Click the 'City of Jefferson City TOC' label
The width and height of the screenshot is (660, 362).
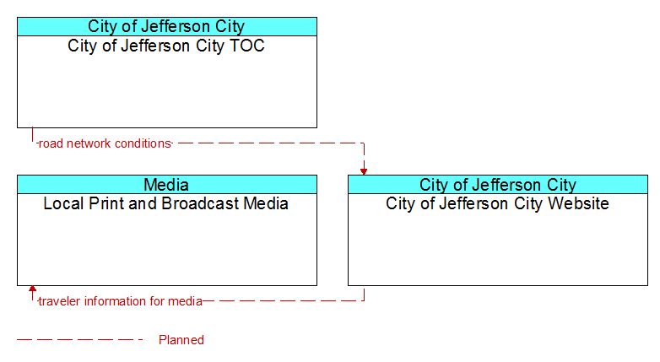[166, 46]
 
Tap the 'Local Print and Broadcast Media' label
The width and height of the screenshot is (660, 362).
[165, 203]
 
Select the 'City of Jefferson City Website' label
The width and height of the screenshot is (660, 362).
[497, 203]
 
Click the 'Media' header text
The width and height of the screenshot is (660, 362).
[166, 184]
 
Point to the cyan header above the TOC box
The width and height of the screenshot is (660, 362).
[167, 26]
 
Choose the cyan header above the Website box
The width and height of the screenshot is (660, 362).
[498, 184]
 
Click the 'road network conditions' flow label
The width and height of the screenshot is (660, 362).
[105, 143]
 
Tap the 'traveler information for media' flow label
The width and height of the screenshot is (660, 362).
[121, 301]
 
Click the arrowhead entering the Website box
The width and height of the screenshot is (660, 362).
[364, 171]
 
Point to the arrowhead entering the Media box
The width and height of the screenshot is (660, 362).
[32, 289]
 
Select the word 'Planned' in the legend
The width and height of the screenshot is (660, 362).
[181, 340]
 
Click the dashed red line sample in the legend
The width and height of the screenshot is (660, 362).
[80, 339]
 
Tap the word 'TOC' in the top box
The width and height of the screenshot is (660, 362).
[247, 46]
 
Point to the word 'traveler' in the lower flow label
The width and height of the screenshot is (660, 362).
[59, 301]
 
